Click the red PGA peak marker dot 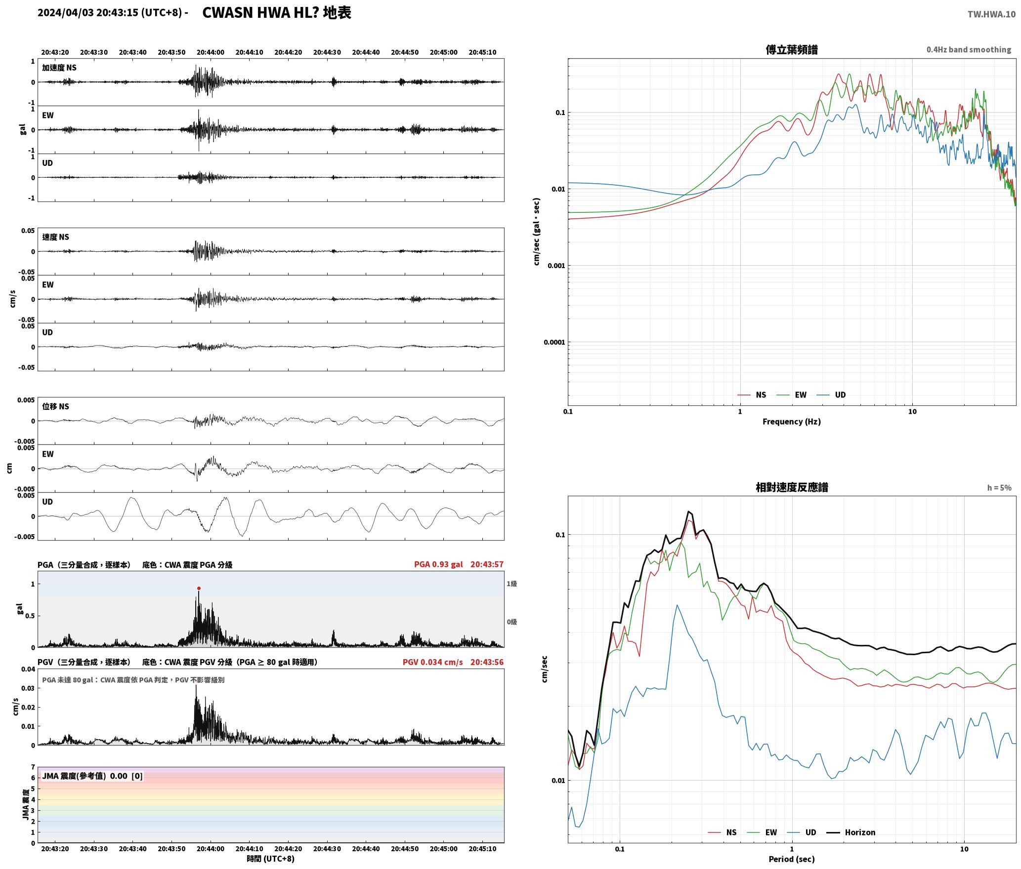[x=199, y=588]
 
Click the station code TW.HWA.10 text [x=991, y=14]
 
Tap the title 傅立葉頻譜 [x=791, y=49]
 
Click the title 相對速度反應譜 [x=792, y=487]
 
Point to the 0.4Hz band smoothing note [x=969, y=49]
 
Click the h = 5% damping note [x=999, y=487]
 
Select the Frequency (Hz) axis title [x=791, y=421]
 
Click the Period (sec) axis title [x=791, y=859]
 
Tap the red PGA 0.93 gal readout [x=438, y=564]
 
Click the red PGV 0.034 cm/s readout [x=432, y=662]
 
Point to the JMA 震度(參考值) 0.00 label [x=85, y=776]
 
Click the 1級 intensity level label [x=511, y=584]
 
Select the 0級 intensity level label [x=511, y=622]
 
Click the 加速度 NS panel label [x=59, y=68]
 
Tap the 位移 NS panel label [x=55, y=406]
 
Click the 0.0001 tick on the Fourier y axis [x=554, y=342]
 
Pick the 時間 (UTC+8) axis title [x=270, y=859]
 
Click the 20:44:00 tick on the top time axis [x=211, y=52]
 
